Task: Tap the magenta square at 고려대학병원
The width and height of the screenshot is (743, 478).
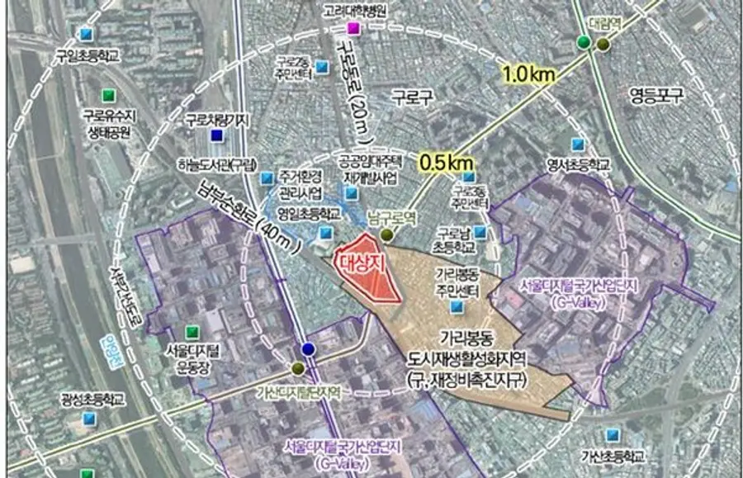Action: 353,29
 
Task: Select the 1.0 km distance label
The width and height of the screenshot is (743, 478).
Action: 528,74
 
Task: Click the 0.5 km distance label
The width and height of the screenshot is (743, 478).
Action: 446,163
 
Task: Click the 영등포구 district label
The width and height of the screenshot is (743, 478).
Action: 657,94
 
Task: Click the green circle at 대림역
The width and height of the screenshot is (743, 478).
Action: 584,42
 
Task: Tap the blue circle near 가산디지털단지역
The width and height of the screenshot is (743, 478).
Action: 309,349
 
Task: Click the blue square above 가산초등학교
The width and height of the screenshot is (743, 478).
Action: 612,434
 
